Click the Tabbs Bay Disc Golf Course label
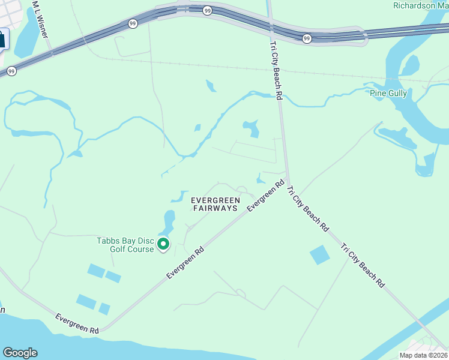[x=125, y=245]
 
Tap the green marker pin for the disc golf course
[x=163, y=244]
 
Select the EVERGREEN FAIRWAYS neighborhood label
[x=215, y=204]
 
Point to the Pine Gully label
[x=388, y=93]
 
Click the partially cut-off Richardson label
[x=420, y=5]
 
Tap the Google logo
[x=20, y=352]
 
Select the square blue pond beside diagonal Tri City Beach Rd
[x=320, y=255]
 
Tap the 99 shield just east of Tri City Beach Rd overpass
[x=307, y=38]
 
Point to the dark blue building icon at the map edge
[x=2, y=40]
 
